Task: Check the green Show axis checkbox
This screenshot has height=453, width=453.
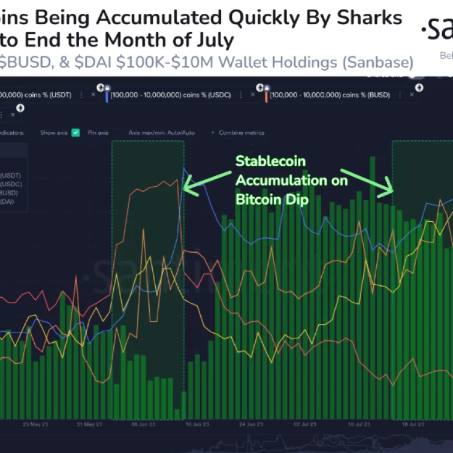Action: coord(75,132)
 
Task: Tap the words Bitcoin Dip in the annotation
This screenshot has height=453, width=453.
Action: coord(272,200)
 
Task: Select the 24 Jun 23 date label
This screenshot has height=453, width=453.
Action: coord(250,424)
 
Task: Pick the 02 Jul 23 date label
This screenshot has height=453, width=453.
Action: coord(304,424)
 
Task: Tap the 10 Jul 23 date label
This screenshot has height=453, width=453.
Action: coord(358,424)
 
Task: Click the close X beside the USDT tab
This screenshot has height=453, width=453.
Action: coord(93,95)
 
